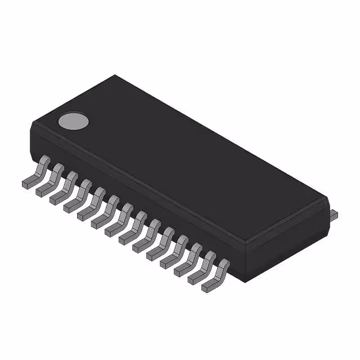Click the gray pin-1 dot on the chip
click(74, 121)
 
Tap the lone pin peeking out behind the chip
click(333, 213)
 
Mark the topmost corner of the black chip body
click(115, 75)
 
